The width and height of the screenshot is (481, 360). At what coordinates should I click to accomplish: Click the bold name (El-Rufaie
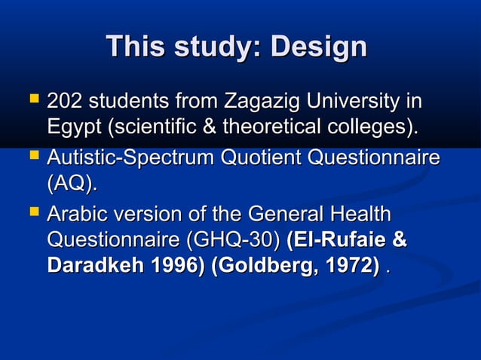[336, 241]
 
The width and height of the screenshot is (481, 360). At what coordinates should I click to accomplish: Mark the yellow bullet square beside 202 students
[32, 99]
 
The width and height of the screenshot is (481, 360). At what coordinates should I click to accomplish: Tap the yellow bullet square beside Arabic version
[32, 215]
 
